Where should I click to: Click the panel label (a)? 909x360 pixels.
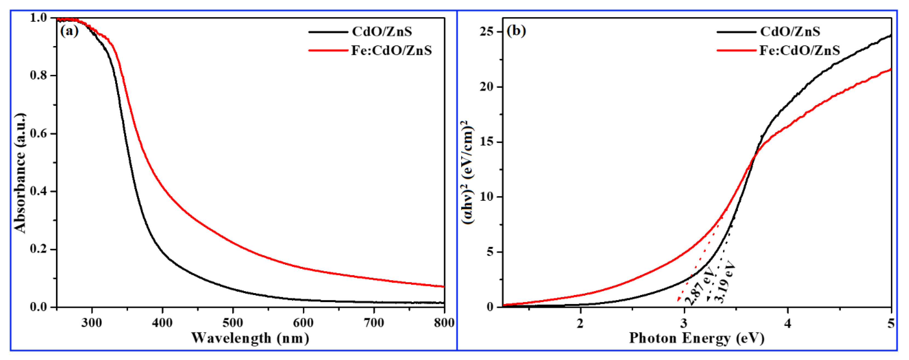[69, 31]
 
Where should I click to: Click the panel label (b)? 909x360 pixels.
[516, 31]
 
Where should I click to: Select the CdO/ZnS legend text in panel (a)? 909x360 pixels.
[382, 32]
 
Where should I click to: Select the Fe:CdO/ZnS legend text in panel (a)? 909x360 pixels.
[391, 50]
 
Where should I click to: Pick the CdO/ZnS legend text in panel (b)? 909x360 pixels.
[790, 32]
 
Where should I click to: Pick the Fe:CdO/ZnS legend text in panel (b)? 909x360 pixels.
[800, 50]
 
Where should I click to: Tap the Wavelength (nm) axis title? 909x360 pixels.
[250, 338]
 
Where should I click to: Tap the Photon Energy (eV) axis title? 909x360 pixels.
[697, 338]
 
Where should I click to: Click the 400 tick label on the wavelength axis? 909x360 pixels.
[162, 323]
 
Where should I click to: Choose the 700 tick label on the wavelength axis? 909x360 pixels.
[374, 323]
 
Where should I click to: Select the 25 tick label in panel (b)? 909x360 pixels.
[486, 32]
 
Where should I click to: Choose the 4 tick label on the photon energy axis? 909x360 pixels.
[788, 323]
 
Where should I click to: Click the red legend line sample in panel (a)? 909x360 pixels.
[328, 50]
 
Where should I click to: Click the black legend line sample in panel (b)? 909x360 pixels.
[736, 32]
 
